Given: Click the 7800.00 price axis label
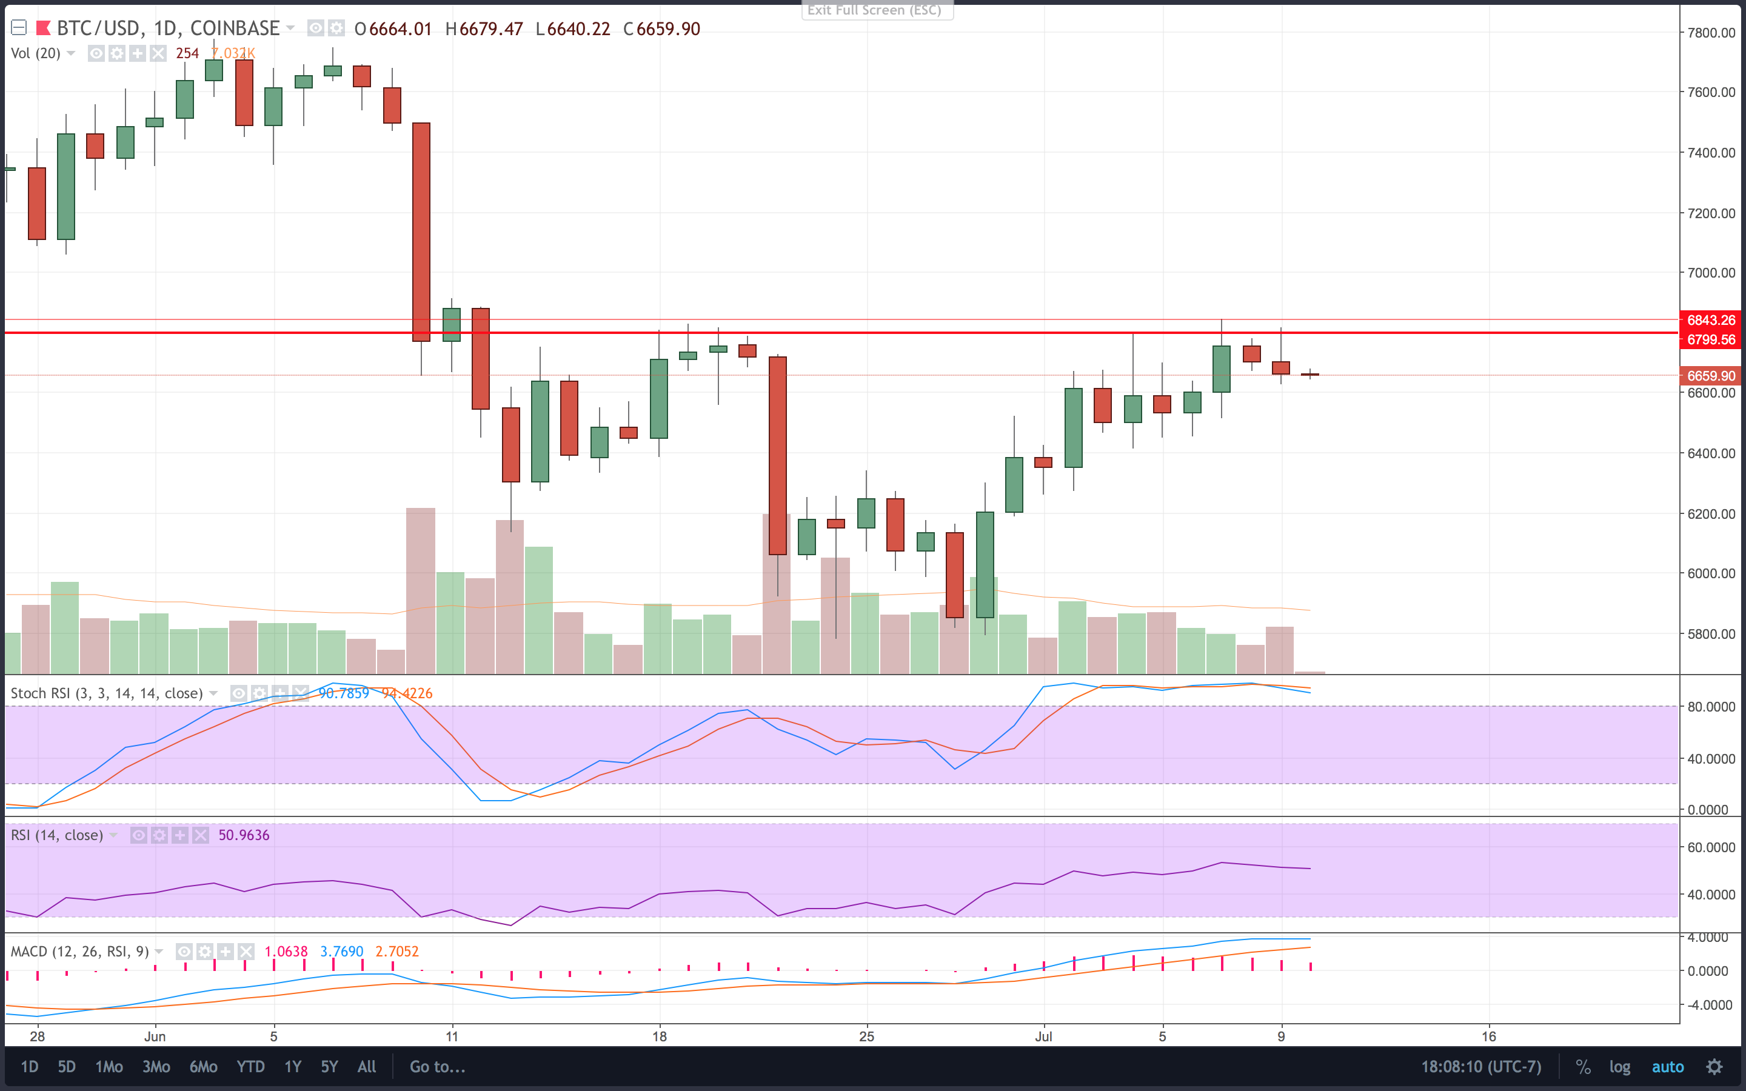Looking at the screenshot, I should coord(1711,33).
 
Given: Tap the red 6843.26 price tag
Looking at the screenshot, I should coord(1711,319).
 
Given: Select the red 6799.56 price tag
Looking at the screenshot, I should coord(1711,339).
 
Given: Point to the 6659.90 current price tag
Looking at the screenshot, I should coord(1711,375).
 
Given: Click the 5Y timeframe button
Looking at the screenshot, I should coord(329,1067).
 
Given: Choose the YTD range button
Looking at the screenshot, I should coord(250,1067).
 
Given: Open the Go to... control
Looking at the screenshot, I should coord(437,1067).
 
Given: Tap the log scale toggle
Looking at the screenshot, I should coord(1619,1067).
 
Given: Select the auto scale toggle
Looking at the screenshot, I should coord(1667,1067).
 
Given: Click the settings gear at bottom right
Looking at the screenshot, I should coord(1714,1067).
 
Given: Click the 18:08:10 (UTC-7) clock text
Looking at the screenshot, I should coord(1480,1067).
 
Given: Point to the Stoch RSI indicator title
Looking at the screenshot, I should coord(107,693).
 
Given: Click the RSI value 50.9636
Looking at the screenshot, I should coord(244,835).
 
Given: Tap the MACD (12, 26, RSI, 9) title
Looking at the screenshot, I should coord(79,952).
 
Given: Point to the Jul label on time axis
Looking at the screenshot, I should coord(1043,1036).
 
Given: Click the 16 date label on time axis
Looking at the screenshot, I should coord(1488,1036).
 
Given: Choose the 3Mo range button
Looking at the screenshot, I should coord(156,1067).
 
